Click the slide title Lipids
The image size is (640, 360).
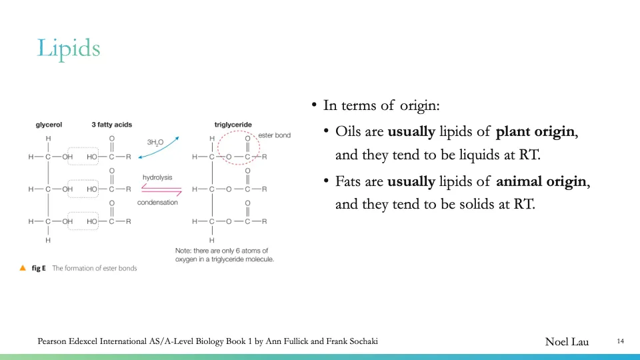click(69, 49)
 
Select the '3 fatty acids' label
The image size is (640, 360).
click(111, 125)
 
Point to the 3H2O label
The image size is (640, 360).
click(155, 143)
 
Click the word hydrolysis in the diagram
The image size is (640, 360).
click(157, 177)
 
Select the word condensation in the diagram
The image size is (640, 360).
click(157, 202)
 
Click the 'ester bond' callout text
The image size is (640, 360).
click(275, 135)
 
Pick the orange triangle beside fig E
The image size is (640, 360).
click(23, 268)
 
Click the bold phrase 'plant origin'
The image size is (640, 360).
click(535, 131)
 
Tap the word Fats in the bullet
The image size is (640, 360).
click(349, 181)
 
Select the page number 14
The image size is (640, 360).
click(620, 341)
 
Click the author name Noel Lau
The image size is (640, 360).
click(567, 342)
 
